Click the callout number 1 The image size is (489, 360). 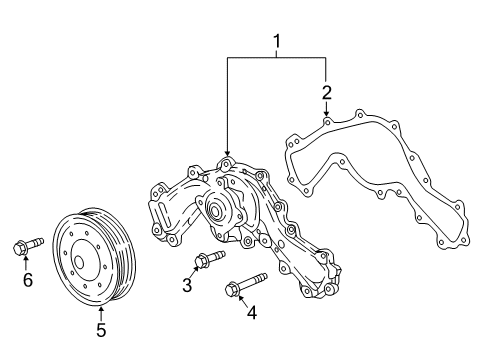[277, 41]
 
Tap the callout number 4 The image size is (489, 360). [252, 313]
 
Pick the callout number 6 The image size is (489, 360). [28, 280]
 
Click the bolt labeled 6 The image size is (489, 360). [27, 244]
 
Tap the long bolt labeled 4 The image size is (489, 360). [245, 283]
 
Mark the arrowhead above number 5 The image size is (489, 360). [99, 305]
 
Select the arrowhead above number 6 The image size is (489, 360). [27, 262]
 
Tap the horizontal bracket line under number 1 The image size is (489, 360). [277, 58]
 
